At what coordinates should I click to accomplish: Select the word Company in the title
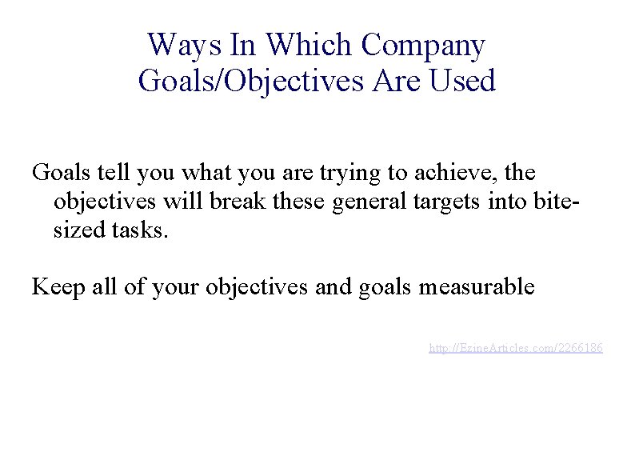pyautogui.click(x=423, y=46)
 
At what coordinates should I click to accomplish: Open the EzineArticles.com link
pyautogui.click(x=516, y=348)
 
